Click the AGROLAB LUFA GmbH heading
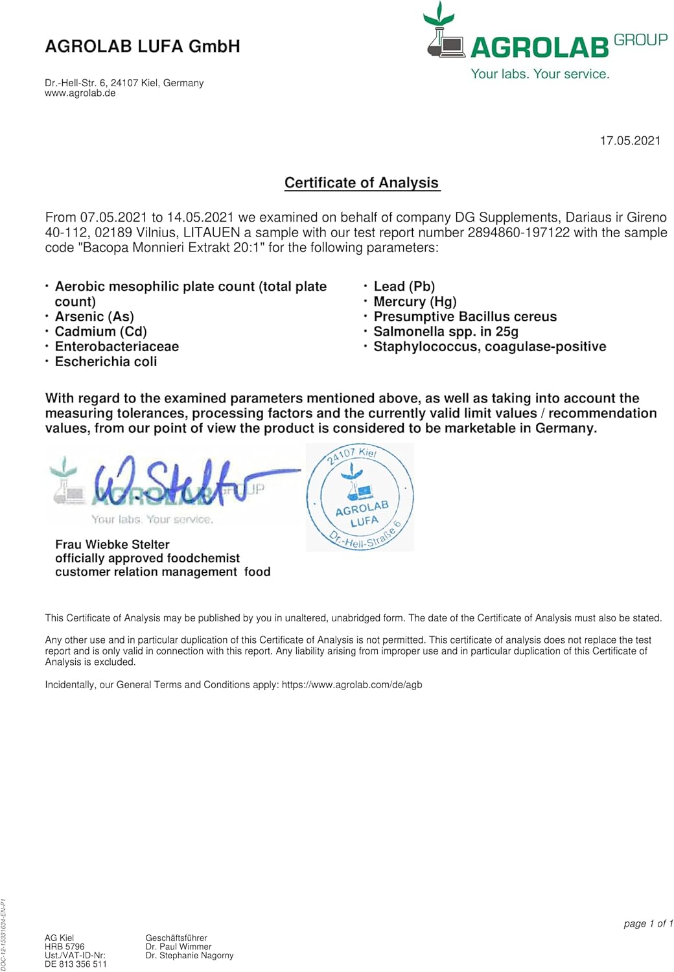tap(143, 47)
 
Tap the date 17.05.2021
tap(630, 141)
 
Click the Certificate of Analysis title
tap(362, 183)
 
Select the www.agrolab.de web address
tap(80, 93)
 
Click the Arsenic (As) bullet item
tap(95, 317)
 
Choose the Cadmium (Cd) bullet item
tap(101, 332)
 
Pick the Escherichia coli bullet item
tap(106, 362)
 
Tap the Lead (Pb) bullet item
tap(404, 286)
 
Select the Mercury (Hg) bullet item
tap(415, 302)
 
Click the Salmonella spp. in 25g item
tap(446, 332)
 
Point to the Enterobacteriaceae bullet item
tap(117, 347)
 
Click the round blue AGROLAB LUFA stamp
tap(360, 498)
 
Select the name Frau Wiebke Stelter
tap(112, 544)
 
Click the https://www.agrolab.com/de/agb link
tap(352, 684)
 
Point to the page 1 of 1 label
tap(648, 923)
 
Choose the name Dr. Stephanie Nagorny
tap(189, 955)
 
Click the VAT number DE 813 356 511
tap(76, 964)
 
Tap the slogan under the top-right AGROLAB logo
tap(540, 74)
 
